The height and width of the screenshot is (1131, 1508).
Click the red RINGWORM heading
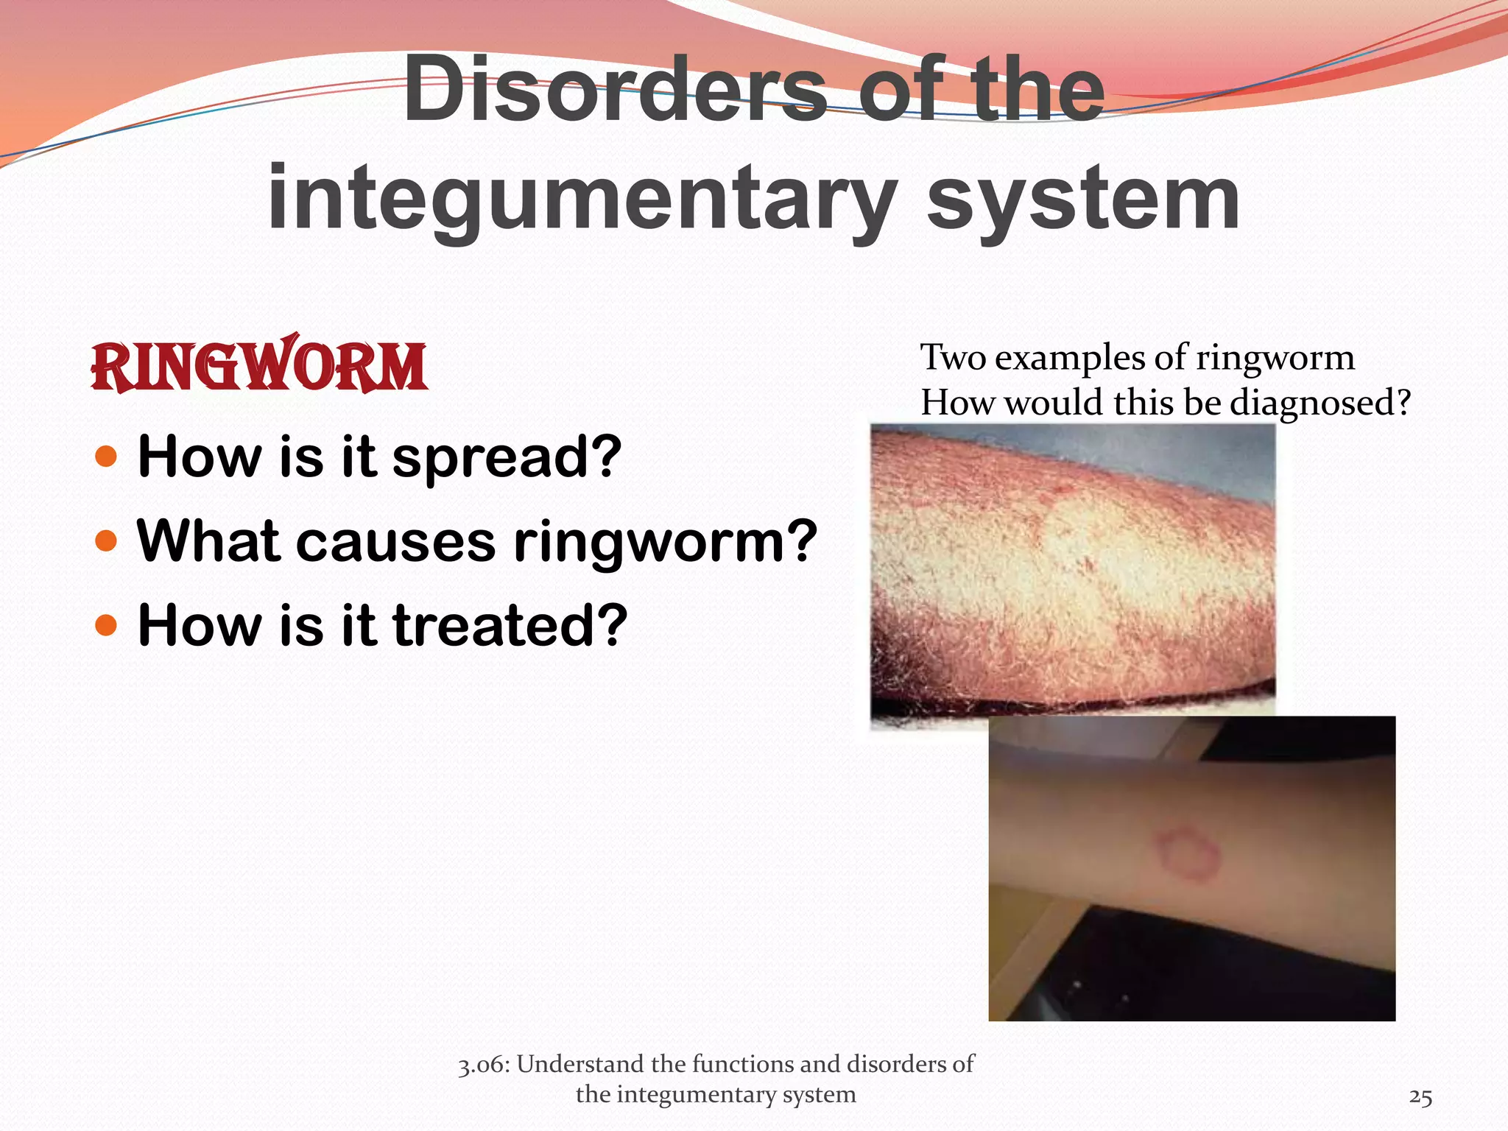[258, 366]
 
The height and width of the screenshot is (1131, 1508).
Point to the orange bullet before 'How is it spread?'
[107, 457]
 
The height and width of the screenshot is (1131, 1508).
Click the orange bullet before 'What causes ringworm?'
[107, 541]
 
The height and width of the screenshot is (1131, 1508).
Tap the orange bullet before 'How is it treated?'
[107, 626]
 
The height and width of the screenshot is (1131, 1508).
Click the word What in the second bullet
[208, 541]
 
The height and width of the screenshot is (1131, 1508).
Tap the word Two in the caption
[954, 358]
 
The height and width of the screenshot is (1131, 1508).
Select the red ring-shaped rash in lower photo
[1186, 853]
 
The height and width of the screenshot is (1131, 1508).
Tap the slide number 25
[1420, 1098]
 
